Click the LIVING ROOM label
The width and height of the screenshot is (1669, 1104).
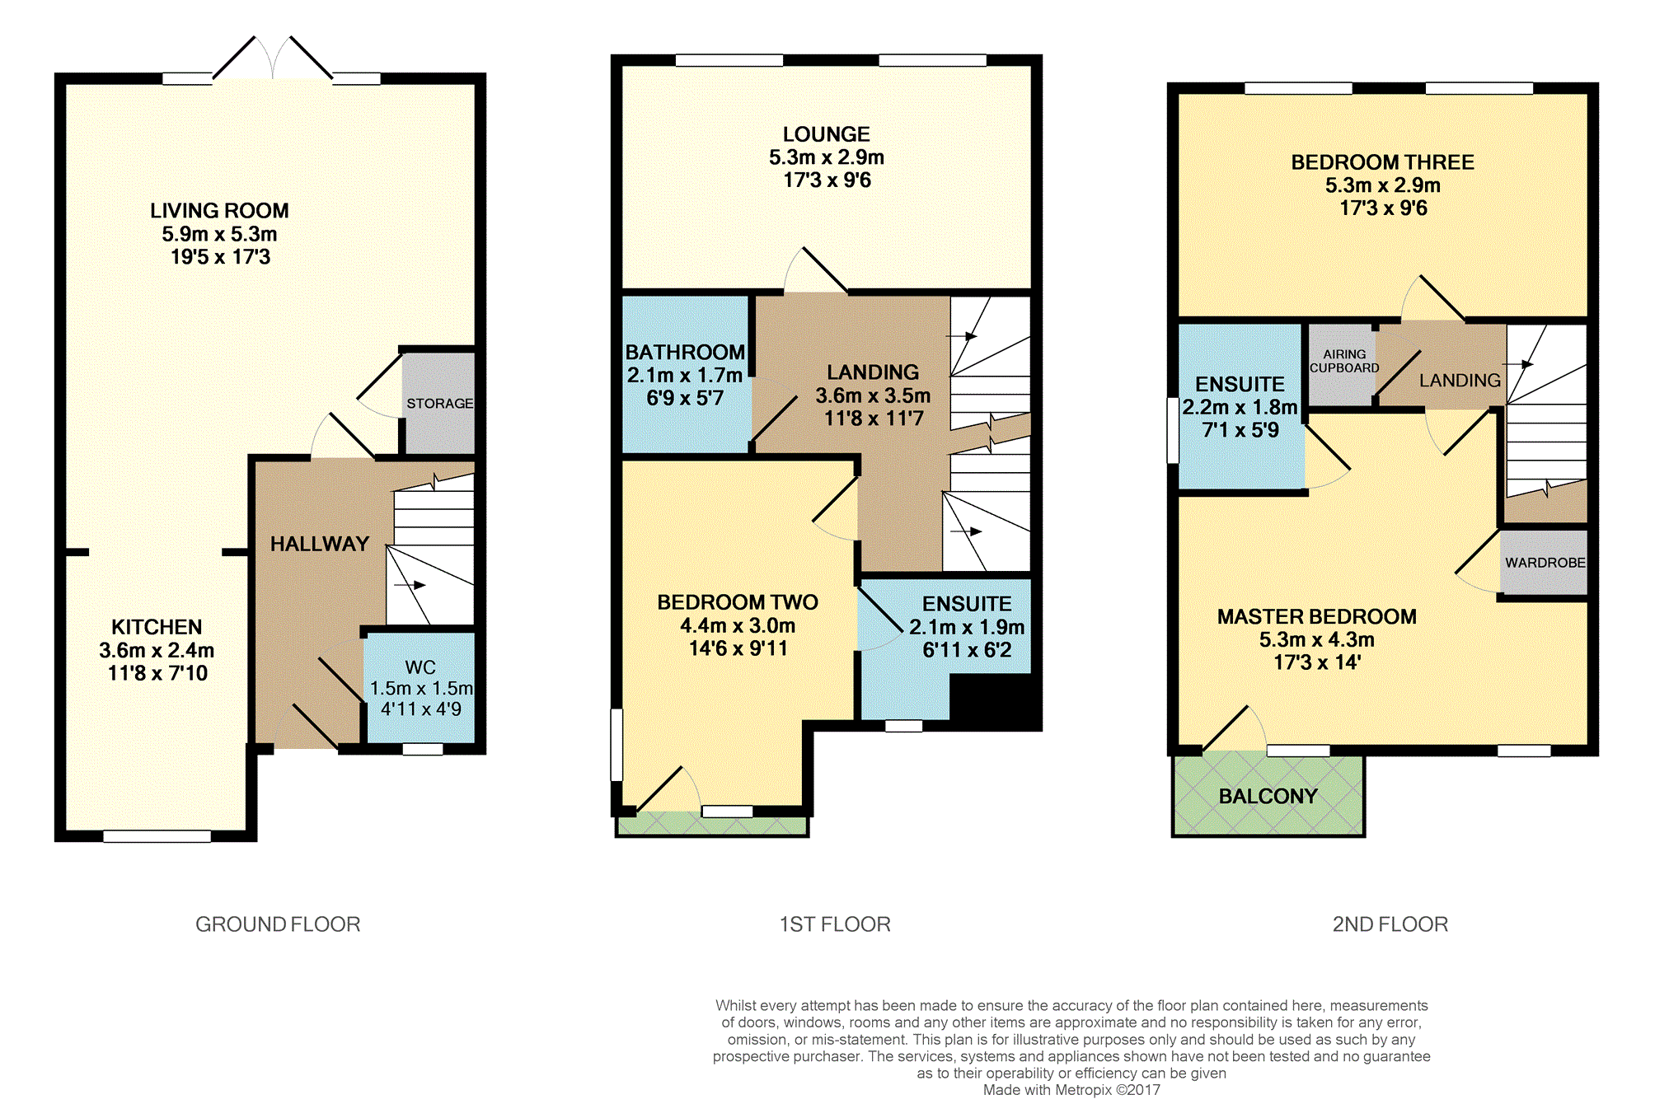[219, 211]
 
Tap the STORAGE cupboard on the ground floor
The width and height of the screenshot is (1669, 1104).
[438, 403]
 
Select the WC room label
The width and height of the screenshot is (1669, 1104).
[420, 667]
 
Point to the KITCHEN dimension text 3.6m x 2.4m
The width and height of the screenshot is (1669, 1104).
[157, 650]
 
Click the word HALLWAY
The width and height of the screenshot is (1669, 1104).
[320, 544]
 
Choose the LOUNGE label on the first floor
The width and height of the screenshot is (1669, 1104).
[826, 134]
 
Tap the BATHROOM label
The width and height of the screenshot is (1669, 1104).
[685, 352]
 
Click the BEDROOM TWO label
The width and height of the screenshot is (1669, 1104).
[738, 602]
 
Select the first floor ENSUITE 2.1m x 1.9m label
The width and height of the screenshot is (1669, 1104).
[967, 627]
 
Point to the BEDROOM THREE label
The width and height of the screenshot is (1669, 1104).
[1382, 162]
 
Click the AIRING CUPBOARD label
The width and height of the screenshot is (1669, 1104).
[1344, 361]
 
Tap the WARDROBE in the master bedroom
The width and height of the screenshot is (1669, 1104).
[1544, 563]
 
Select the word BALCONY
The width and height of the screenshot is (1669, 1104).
[1268, 796]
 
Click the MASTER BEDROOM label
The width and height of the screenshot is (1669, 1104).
[1317, 616]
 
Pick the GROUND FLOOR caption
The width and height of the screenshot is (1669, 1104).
[278, 924]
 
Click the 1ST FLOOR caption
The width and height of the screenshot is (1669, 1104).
[835, 924]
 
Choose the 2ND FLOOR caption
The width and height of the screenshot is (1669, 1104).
[1390, 924]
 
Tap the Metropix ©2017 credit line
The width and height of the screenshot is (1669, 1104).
[1071, 1090]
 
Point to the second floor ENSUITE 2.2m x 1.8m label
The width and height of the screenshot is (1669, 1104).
[1240, 407]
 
